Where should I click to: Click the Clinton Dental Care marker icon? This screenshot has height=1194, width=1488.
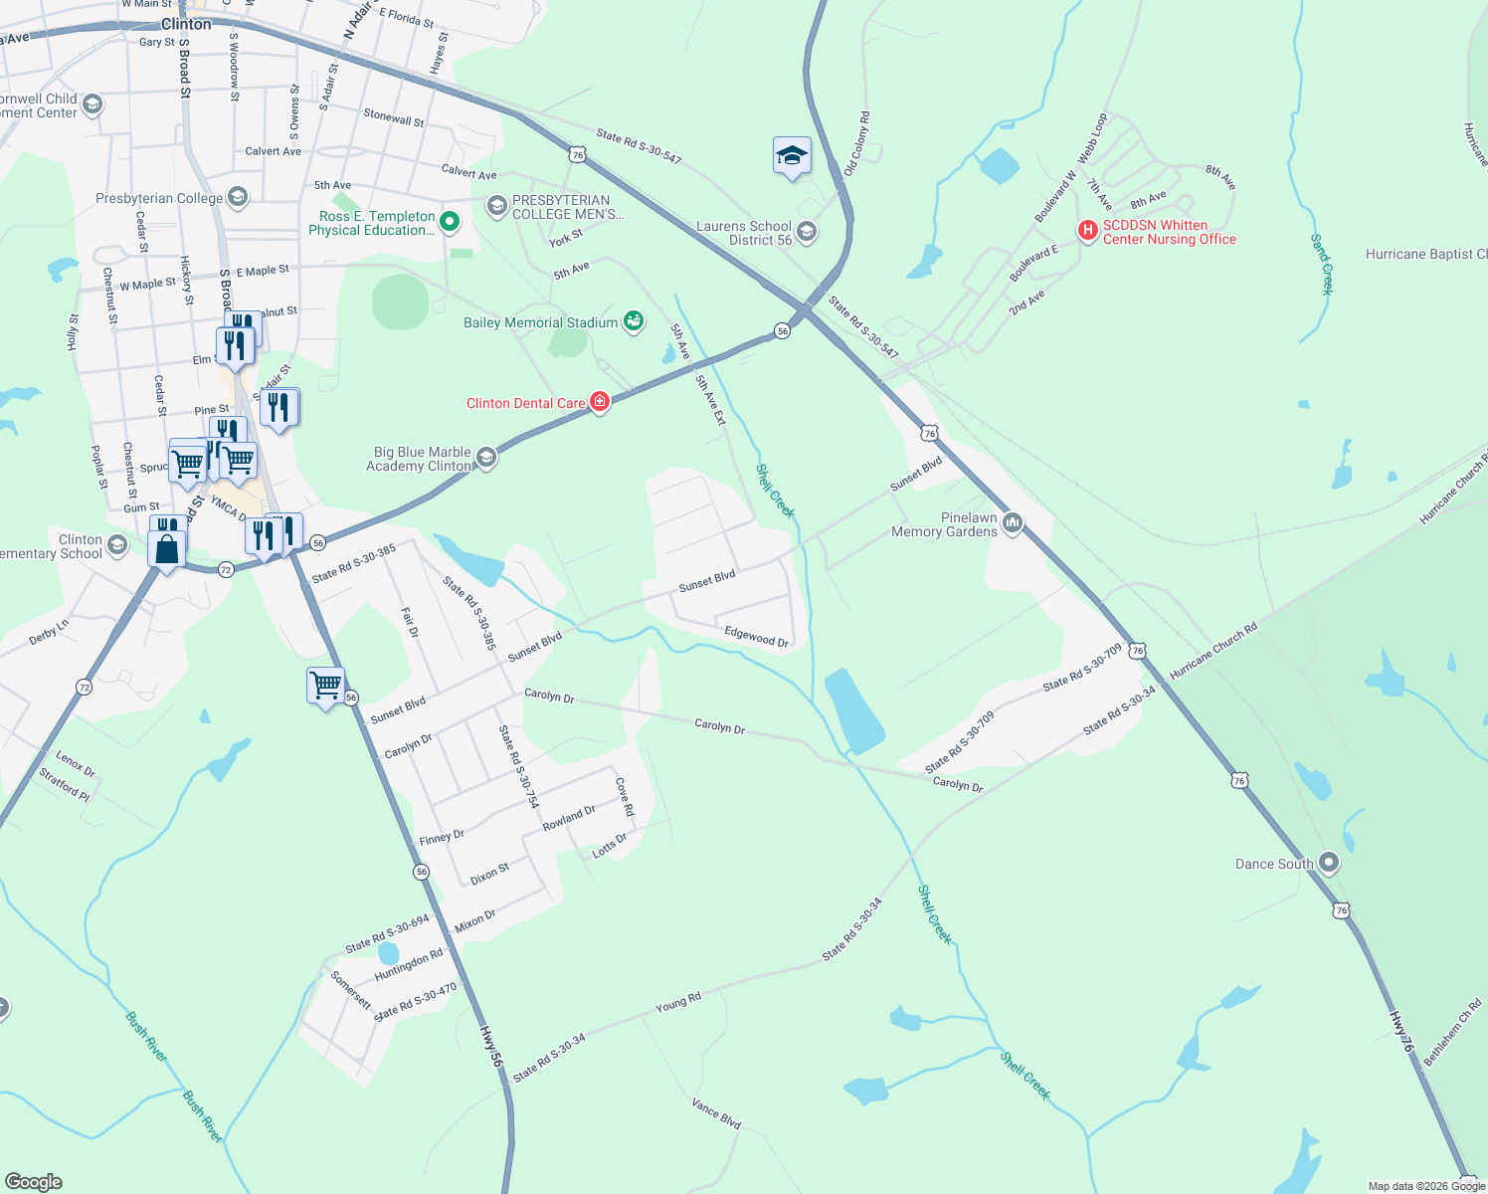pos(599,403)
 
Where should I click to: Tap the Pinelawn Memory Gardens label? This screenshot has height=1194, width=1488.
pos(944,525)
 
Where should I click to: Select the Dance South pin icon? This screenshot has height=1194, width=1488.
pos(1329,863)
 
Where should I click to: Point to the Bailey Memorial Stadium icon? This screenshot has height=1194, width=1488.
pos(633,321)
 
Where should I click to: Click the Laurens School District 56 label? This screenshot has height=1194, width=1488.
pos(744,233)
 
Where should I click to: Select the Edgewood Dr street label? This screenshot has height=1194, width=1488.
pos(756,637)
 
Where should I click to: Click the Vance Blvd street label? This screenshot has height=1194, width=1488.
pos(716,1113)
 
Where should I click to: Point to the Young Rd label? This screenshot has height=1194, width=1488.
pos(678,1002)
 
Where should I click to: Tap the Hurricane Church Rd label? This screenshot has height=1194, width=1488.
pos(1213,651)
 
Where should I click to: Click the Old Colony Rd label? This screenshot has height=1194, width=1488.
pos(856,144)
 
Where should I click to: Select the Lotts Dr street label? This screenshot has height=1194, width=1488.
pos(610,846)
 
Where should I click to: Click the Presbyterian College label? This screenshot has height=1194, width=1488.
pos(159,198)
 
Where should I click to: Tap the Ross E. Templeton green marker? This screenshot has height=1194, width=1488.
pos(450,222)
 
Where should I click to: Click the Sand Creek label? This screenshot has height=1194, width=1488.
pos(1321,265)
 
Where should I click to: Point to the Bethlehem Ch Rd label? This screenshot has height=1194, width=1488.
pos(1452,1033)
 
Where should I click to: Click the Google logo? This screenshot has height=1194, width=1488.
pos(33,1182)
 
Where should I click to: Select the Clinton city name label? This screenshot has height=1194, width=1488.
pos(186,24)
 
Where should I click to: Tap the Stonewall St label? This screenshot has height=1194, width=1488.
pos(394,117)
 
